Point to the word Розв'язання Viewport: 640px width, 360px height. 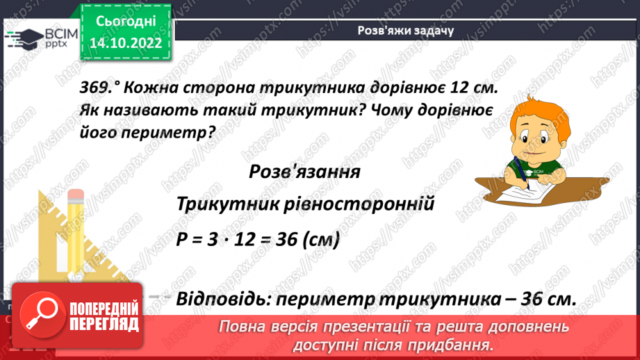(304, 172)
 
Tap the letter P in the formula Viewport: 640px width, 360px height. (182, 240)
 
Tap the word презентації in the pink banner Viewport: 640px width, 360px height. (379, 327)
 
